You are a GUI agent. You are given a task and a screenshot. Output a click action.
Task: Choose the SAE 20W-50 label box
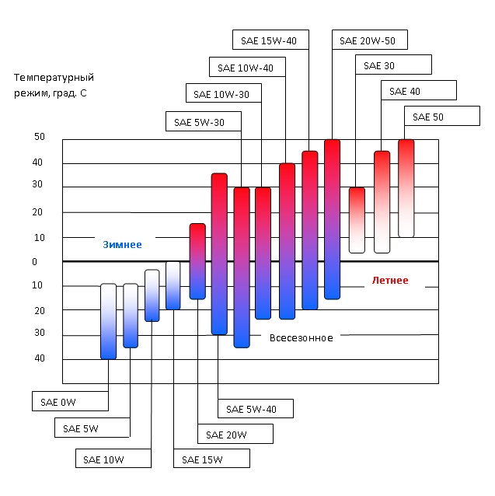coord(369,40)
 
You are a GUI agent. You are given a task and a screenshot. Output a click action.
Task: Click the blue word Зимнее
coord(123,244)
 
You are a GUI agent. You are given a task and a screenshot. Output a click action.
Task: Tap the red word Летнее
coord(390,280)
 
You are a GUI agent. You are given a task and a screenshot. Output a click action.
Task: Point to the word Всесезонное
coord(302,338)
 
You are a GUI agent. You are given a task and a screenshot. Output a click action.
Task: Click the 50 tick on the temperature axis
coord(39,137)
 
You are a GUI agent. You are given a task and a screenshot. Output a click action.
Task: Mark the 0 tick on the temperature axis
coord(35,261)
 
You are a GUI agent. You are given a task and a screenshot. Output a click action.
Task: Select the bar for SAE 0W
coord(108,321)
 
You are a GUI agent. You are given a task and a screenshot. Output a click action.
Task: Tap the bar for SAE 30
coord(357,220)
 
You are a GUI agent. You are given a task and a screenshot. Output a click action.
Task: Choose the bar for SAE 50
coord(406,188)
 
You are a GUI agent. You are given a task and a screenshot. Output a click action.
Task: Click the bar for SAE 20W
coord(197,261)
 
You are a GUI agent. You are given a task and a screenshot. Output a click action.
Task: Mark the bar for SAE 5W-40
coord(219,253)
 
